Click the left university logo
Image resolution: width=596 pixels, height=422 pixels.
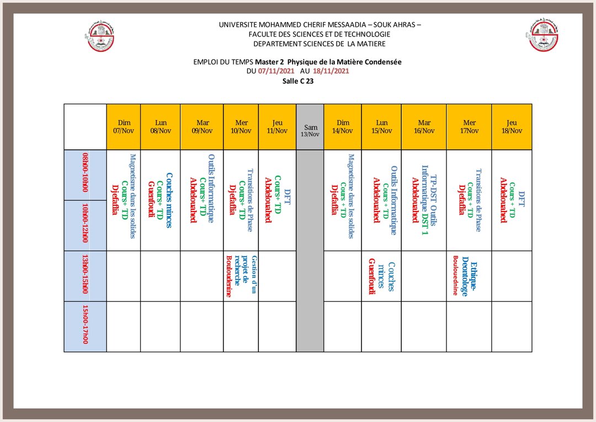[x=102, y=36]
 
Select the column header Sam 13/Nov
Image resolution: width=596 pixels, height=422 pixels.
[x=310, y=127]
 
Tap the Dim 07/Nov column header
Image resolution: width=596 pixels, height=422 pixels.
[x=124, y=127]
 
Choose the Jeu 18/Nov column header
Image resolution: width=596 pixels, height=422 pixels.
[x=512, y=127]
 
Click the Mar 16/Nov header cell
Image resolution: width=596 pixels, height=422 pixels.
[x=424, y=127]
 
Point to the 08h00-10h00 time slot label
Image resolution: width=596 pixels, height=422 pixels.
[x=86, y=175]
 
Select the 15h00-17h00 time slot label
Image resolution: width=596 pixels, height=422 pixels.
[x=86, y=326]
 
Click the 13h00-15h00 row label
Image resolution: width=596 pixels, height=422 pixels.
[x=86, y=276]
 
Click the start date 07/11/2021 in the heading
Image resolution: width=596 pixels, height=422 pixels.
[x=276, y=71]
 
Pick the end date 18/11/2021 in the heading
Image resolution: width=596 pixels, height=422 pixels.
[x=331, y=71]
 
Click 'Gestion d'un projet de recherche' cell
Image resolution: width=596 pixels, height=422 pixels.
[x=241, y=276]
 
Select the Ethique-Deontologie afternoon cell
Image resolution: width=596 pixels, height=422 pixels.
[x=469, y=276]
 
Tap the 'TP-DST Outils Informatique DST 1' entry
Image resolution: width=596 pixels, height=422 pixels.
[x=424, y=200]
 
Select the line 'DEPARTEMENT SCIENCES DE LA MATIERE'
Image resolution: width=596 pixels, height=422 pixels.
[x=320, y=44]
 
